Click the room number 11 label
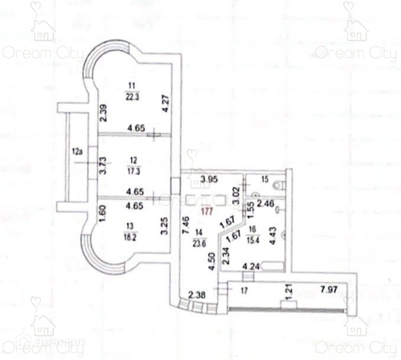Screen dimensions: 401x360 130,87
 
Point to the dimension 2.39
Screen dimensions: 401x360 102,113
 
